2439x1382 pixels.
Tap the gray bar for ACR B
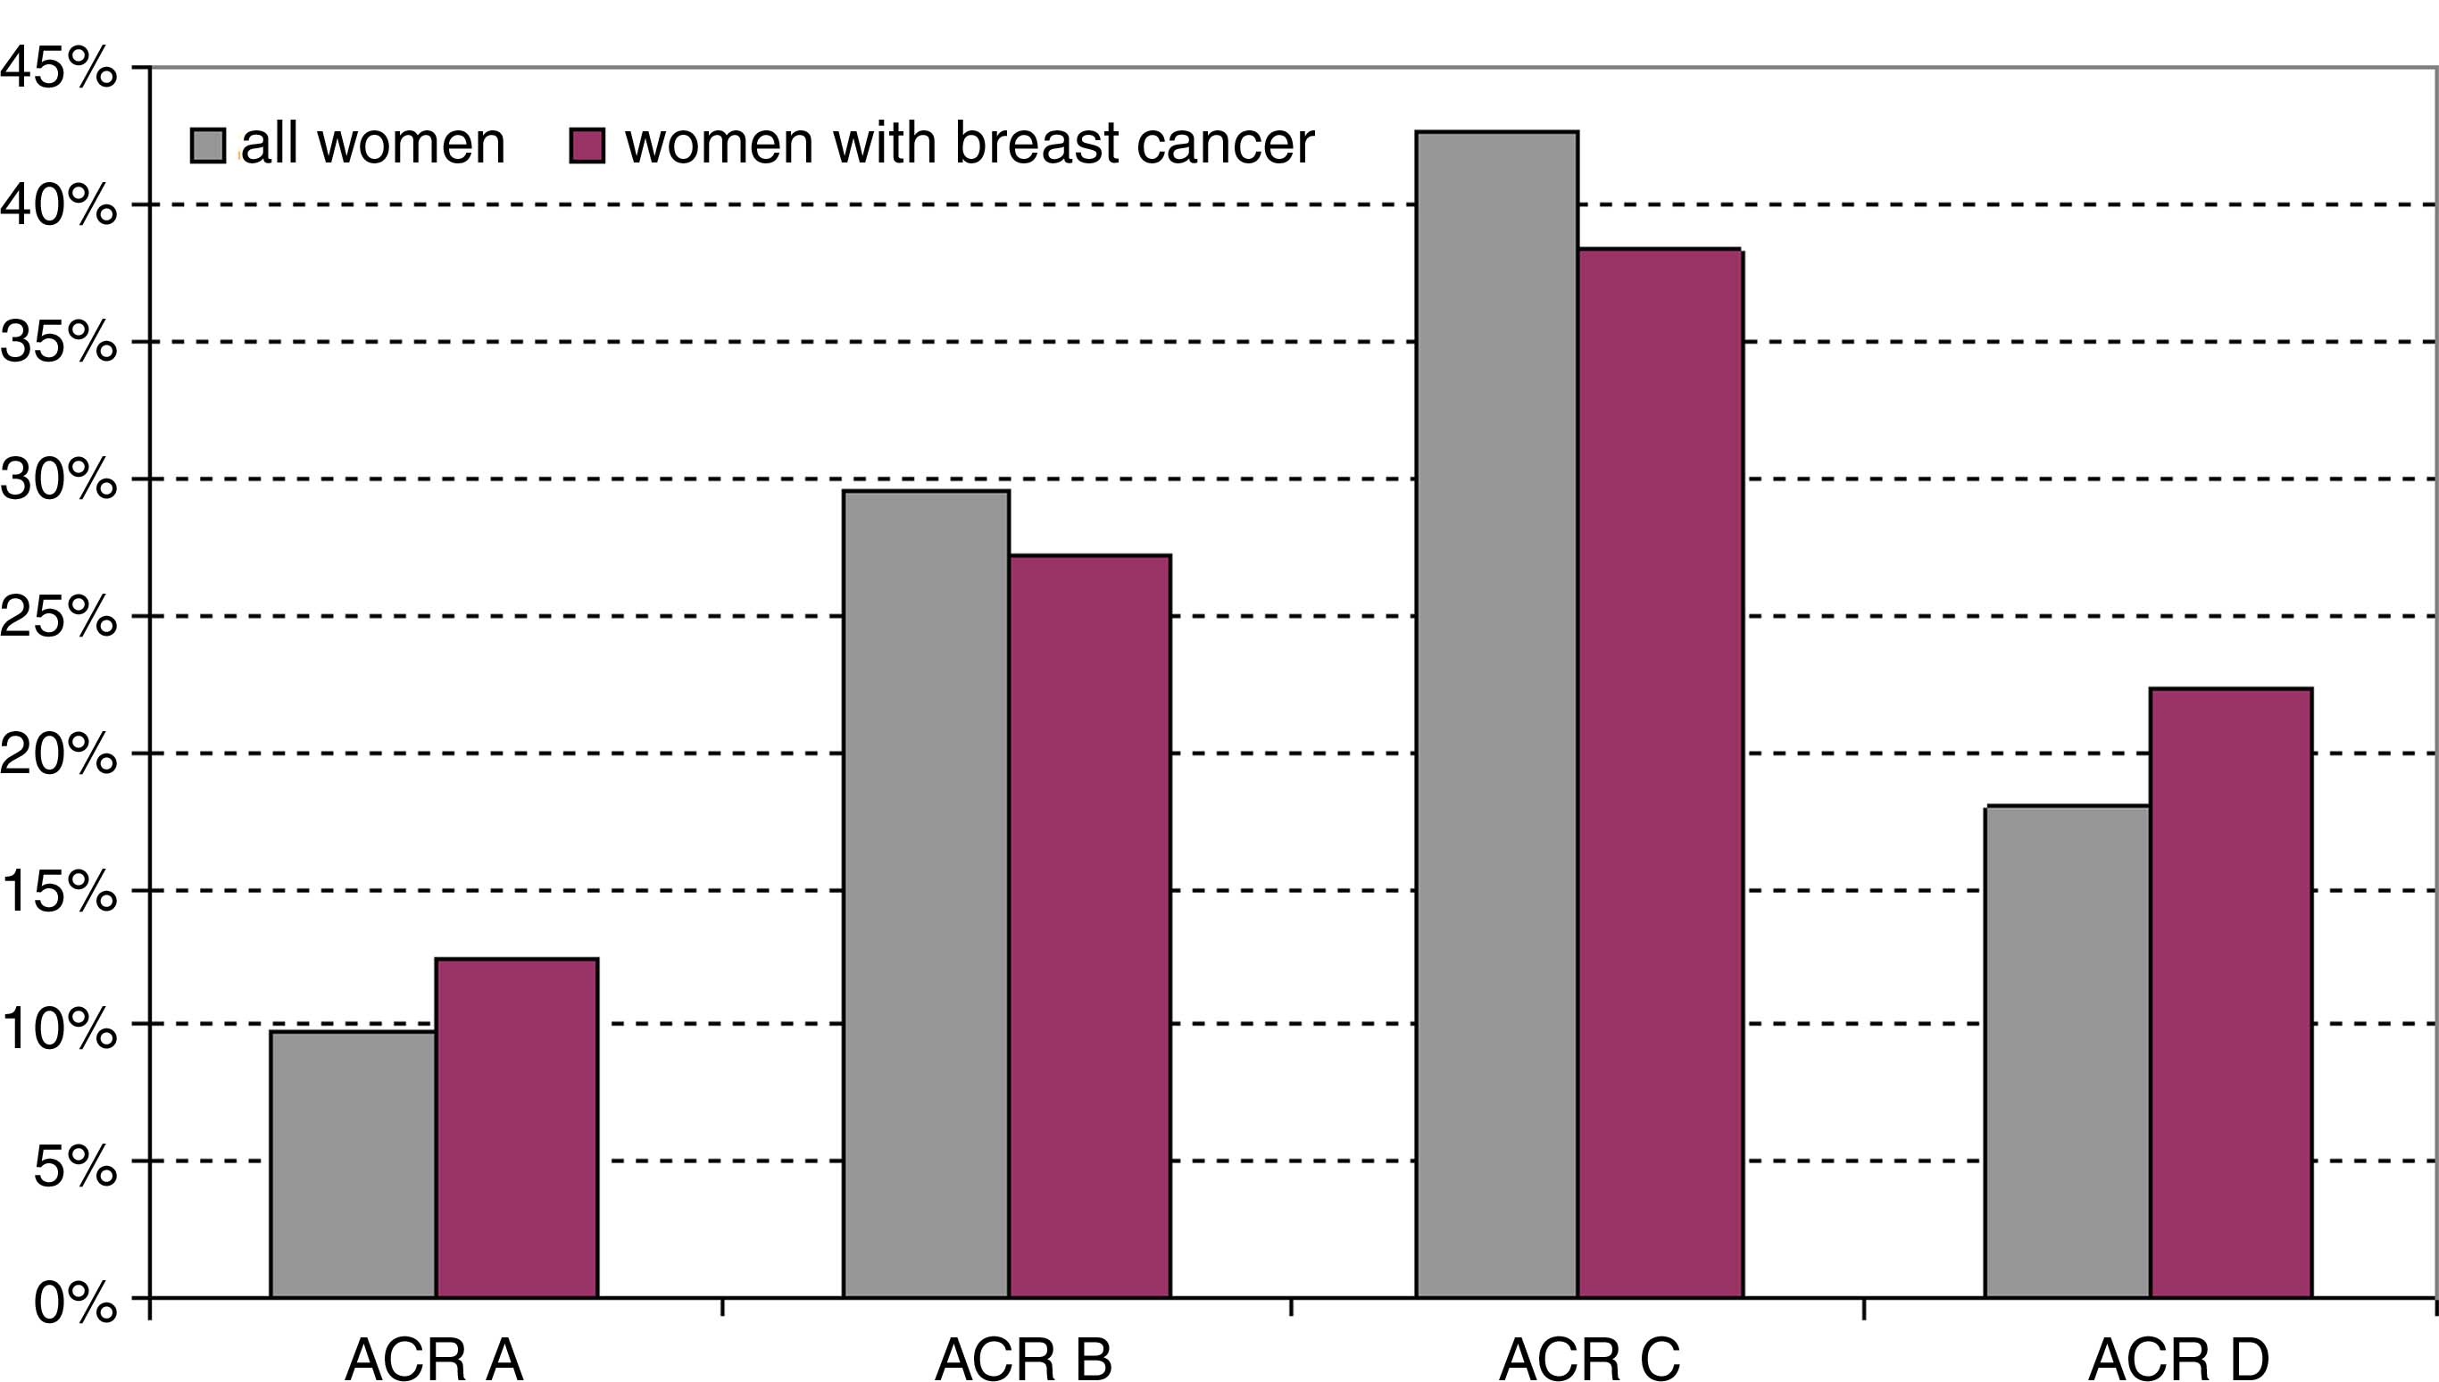pyautogui.click(x=925, y=893)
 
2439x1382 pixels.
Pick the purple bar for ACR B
pyautogui.click(x=1089, y=926)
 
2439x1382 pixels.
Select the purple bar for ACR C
pyautogui.click(x=1660, y=772)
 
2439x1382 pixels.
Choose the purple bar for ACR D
pyautogui.click(x=2230, y=992)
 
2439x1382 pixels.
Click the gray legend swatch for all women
pyautogui.click(x=208, y=146)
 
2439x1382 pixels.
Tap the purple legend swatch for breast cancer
pyautogui.click(x=587, y=146)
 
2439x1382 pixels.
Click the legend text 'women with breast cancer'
pyautogui.click(x=969, y=145)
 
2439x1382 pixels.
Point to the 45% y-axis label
pyautogui.click(x=59, y=69)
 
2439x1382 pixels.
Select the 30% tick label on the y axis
pyautogui.click(x=59, y=479)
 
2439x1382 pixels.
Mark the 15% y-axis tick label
pyautogui.click(x=59, y=891)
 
